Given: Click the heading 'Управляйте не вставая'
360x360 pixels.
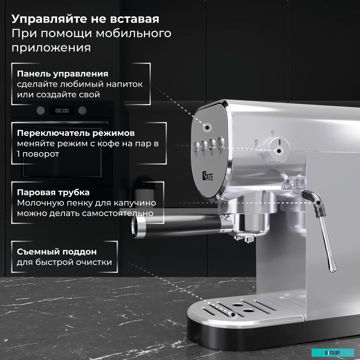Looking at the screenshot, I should click(85, 19).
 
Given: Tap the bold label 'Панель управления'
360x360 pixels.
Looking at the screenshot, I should click(63, 74).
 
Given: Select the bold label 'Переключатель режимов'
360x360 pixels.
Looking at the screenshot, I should click(76, 133).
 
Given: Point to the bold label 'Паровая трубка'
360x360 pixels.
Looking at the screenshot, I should click(53, 192).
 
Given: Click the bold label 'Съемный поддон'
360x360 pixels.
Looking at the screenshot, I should click(57, 252).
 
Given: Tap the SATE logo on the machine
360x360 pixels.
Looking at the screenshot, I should click(207, 177).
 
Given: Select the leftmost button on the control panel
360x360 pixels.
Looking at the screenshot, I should click(197, 146).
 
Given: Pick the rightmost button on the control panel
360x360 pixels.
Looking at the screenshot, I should click(221, 142).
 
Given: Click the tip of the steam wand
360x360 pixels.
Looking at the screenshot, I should click(333, 268).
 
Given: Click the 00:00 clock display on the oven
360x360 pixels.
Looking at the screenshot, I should click(62, 111).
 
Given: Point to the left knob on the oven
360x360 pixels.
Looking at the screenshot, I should click(40, 110).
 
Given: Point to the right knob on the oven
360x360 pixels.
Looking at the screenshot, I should click(82, 110).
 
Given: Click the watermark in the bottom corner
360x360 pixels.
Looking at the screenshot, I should click(333, 352).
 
